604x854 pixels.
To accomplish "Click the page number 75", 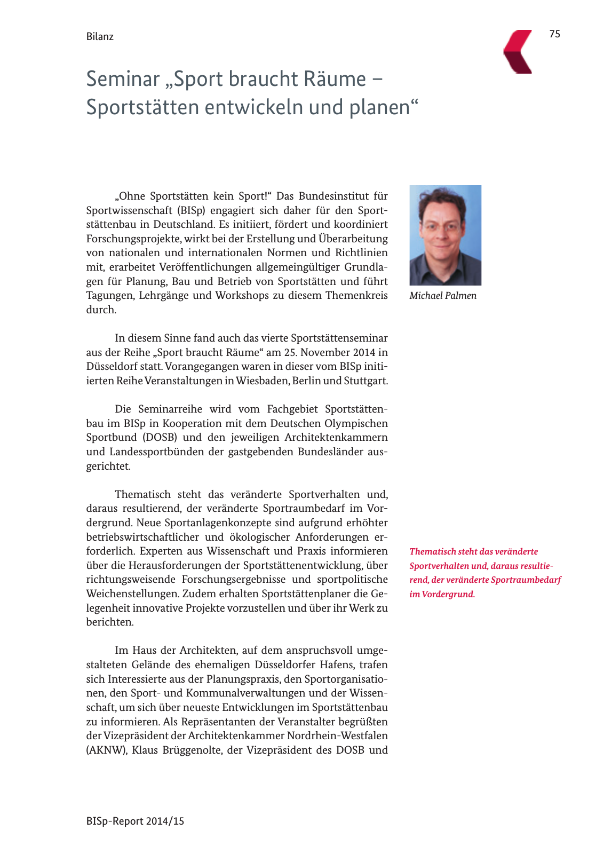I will [555, 34].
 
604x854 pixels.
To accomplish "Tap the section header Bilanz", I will [100, 37].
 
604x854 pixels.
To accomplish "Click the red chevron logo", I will [518, 52].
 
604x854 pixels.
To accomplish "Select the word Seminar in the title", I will [123, 79].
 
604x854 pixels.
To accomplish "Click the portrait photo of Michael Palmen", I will [445, 235].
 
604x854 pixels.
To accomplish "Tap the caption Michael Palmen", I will [443, 296].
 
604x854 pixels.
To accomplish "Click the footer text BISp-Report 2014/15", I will [135, 821].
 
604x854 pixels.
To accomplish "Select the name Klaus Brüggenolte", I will [177, 750].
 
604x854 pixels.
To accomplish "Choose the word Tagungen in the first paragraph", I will [109, 296].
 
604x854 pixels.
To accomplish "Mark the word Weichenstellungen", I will [132, 594].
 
